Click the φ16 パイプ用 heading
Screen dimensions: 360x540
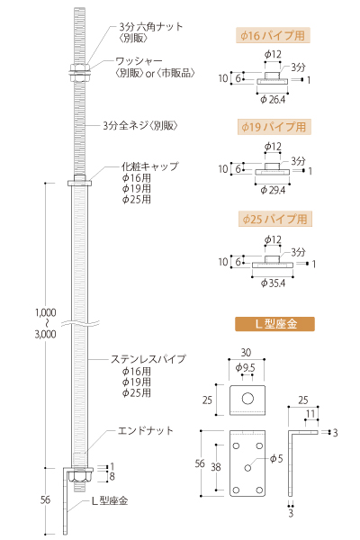click(273, 35)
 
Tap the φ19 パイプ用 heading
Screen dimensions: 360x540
click(274, 127)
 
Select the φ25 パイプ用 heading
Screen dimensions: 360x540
click(274, 219)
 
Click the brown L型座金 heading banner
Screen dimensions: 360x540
click(274, 324)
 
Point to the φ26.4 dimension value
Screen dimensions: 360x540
click(273, 100)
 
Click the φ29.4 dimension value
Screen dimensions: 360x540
click(273, 190)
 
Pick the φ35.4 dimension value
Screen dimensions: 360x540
click(273, 283)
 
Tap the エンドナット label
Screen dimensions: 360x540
click(146, 430)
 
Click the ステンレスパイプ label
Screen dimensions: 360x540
click(148, 359)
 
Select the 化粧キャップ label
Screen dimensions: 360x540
click(150, 166)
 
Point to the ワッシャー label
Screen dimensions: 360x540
click(139, 61)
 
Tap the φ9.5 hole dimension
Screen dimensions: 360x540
click(246, 368)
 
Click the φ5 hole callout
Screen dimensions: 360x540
click(276, 458)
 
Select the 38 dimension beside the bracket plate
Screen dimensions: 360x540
click(216, 467)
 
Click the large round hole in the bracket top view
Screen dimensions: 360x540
click(247, 399)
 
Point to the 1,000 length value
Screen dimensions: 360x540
click(46, 312)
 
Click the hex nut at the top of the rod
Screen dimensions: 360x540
click(80, 67)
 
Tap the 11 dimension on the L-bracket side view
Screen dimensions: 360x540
click(310, 413)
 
